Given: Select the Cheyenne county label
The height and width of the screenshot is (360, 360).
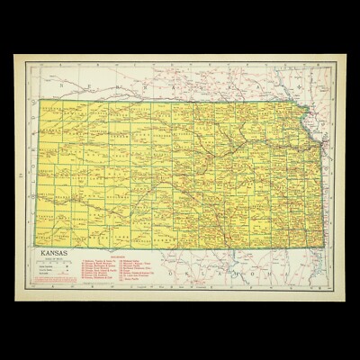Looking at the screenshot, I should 50,107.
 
